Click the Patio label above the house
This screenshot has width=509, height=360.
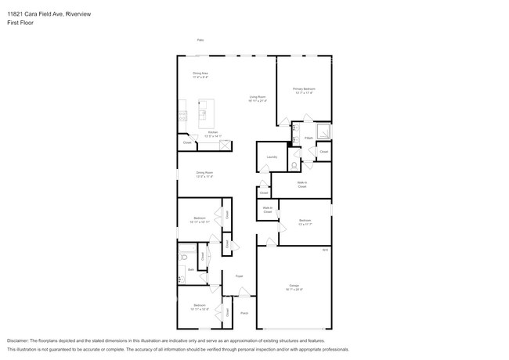pos(200,40)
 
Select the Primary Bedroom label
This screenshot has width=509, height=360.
pos(304,89)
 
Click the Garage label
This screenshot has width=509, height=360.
pos(294,286)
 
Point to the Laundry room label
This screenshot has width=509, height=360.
pos(272,157)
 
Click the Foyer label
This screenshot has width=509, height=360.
pos(240,276)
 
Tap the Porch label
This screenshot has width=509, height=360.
pos(244,312)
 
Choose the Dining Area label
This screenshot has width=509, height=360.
pos(200,73)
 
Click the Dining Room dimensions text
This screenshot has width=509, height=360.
pos(204,177)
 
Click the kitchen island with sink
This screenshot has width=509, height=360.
pos(207,114)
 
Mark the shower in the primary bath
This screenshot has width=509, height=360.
pos(323,132)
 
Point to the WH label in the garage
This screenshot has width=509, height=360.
pos(325,250)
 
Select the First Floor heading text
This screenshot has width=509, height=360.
pos(20,23)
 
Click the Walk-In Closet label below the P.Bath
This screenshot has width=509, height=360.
pos(301,185)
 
